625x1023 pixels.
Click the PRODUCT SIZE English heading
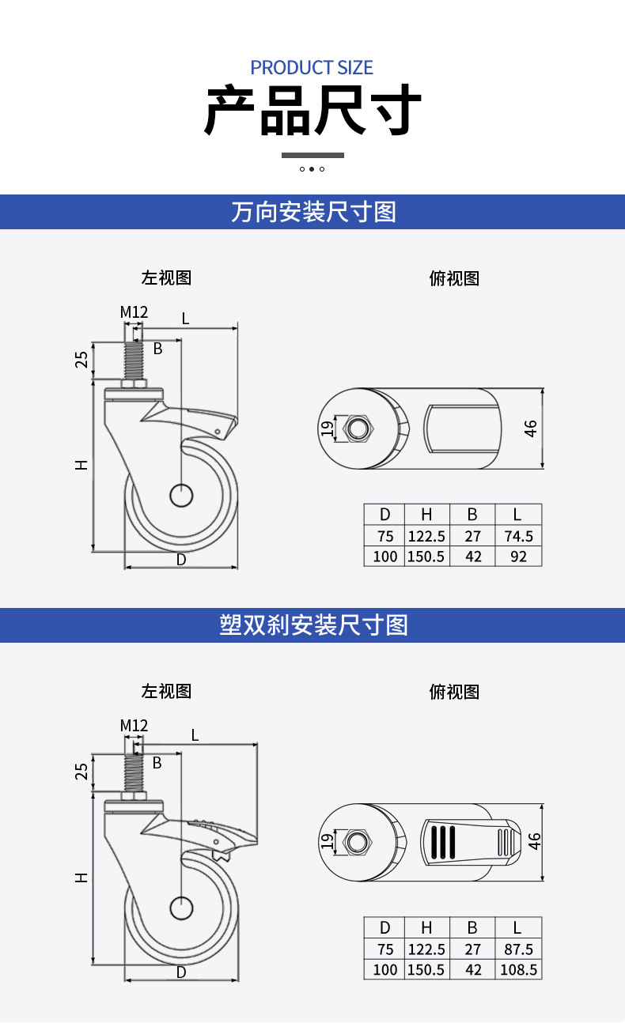pos(312,67)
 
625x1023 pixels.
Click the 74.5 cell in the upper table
pos(518,536)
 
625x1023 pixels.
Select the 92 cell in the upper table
pos(518,557)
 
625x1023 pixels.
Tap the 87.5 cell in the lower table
pos(518,949)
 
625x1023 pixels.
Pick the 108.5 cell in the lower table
pos(518,969)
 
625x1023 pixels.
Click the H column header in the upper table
pos(426,515)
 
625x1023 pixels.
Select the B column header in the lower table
pos(472,927)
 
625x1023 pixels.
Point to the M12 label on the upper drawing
pos(134,312)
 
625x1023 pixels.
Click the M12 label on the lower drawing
pos(134,725)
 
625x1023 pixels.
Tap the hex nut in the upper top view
pos(358,428)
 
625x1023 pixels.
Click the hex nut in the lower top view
pos(358,841)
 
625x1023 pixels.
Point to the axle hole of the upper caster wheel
pos(181,496)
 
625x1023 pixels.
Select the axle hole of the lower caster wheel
pos(181,908)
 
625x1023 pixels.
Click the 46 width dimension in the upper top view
pos(530,428)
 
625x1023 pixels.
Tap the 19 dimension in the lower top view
pos(326,841)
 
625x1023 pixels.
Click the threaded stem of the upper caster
pos(134,361)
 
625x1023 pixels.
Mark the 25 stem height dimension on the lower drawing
pos(81,772)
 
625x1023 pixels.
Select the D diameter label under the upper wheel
pos(181,560)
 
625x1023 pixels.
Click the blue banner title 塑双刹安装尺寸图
pos(313,625)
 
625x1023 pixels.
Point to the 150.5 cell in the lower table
pos(426,969)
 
